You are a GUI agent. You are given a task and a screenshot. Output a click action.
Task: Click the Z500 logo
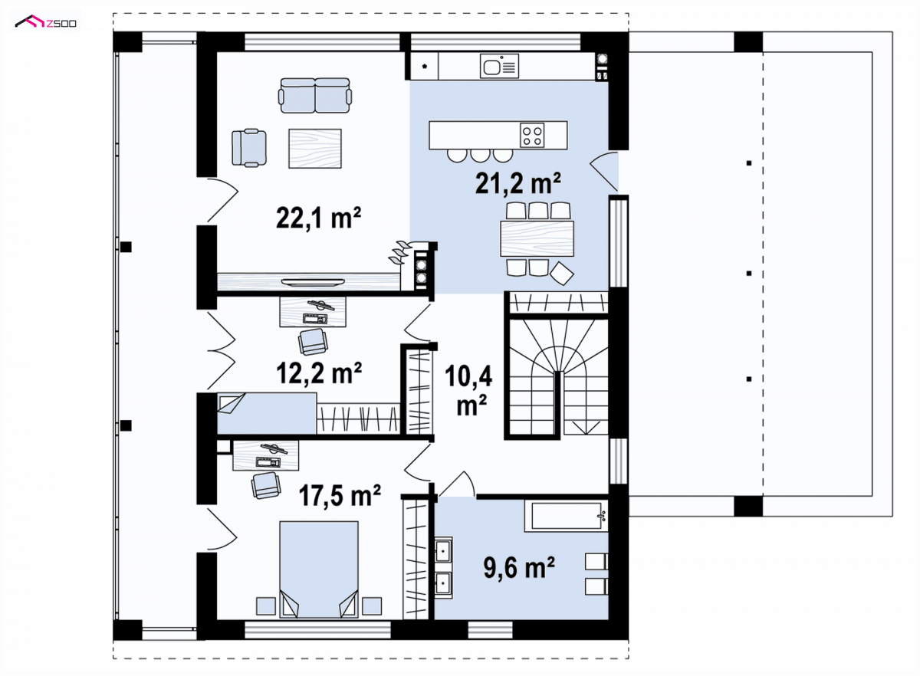(45, 21)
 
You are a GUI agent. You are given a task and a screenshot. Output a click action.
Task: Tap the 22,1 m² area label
(319, 218)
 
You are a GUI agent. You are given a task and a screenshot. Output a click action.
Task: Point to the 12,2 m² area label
(319, 373)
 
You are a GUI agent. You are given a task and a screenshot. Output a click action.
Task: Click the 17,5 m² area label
(340, 495)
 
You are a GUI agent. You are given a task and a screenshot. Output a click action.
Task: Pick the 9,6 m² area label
(519, 568)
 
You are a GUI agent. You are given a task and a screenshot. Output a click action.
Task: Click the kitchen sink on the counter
(499, 66)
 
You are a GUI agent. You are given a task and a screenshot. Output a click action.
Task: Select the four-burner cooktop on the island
(532, 135)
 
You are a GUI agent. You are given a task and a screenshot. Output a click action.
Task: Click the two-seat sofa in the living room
(315, 95)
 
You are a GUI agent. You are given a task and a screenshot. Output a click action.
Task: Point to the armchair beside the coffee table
(249, 148)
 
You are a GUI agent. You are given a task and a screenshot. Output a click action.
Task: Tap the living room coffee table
(315, 148)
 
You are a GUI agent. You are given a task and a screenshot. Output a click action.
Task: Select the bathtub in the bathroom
(566, 517)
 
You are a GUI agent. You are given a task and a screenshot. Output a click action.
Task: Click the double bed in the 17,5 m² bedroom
(319, 569)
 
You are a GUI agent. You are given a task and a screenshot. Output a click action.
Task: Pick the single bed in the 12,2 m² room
(267, 414)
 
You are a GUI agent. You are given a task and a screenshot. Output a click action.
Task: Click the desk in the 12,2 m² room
(313, 312)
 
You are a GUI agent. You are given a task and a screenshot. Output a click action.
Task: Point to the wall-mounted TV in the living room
(313, 282)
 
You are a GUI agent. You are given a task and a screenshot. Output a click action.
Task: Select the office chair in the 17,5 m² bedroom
(267, 485)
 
